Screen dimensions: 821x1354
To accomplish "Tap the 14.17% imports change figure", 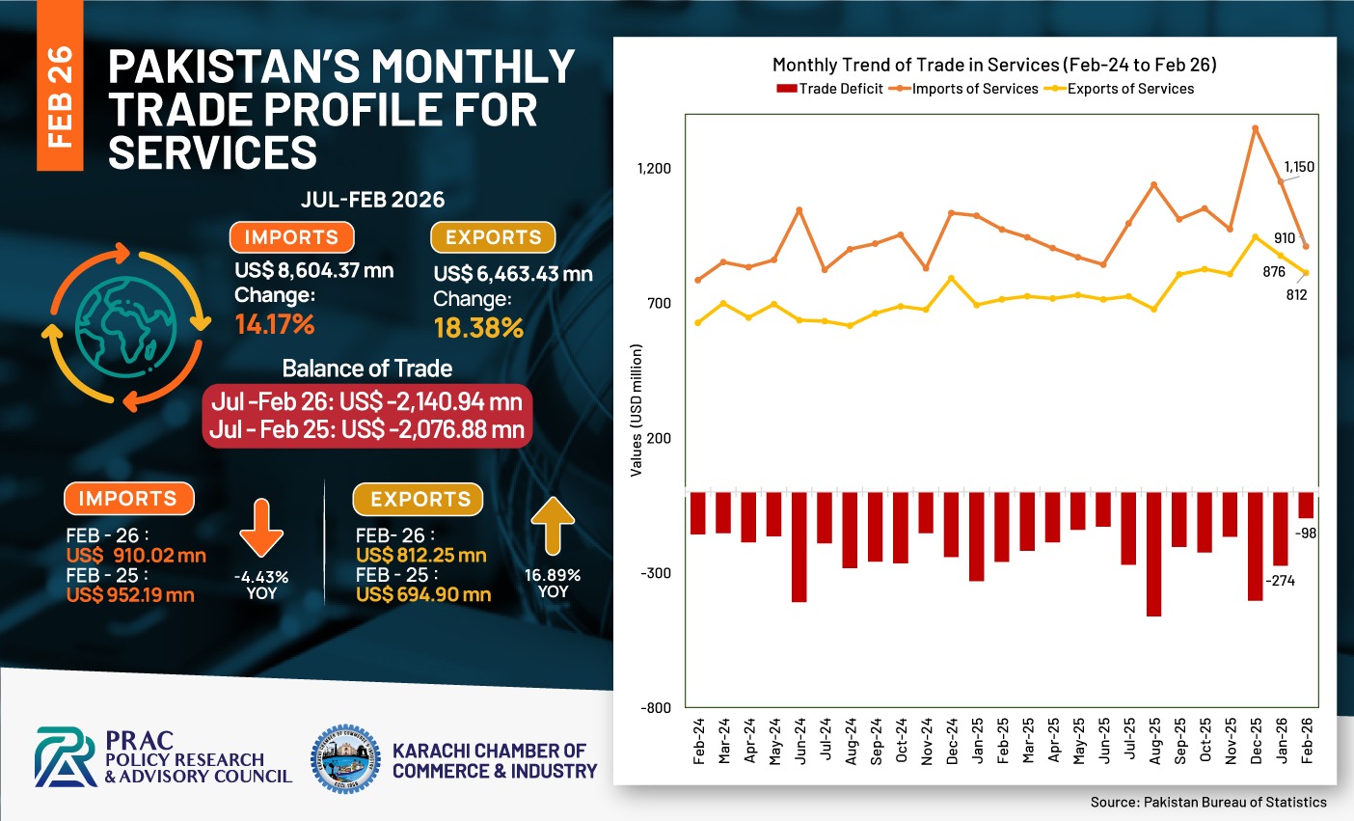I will [x=275, y=324].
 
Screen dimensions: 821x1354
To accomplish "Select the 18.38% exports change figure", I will [x=478, y=328].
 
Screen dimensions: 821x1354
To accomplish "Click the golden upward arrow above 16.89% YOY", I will [x=553, y=524].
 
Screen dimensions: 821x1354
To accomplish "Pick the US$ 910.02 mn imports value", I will [x=136, y=556].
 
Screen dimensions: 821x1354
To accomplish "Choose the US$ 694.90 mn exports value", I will [x=423, y=595].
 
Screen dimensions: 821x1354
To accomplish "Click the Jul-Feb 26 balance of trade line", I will [x=366, y=401].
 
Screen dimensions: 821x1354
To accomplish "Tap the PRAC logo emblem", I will [x=66, y=757].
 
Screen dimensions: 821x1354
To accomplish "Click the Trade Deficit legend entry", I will [x=829, y=89].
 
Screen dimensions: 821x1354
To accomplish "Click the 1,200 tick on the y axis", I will [x=654, y=169].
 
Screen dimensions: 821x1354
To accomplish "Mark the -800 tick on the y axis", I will [x=655, y=708].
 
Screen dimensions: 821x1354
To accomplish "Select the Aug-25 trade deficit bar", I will [x=1153, y=553].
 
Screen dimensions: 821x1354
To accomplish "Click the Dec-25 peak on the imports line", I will [x=1256, y=127].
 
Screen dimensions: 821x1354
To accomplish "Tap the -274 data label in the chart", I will [x=1282, y=581].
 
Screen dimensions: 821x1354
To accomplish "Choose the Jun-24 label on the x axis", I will [x=799, y=741].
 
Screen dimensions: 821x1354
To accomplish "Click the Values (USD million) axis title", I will [x=636, y=410].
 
